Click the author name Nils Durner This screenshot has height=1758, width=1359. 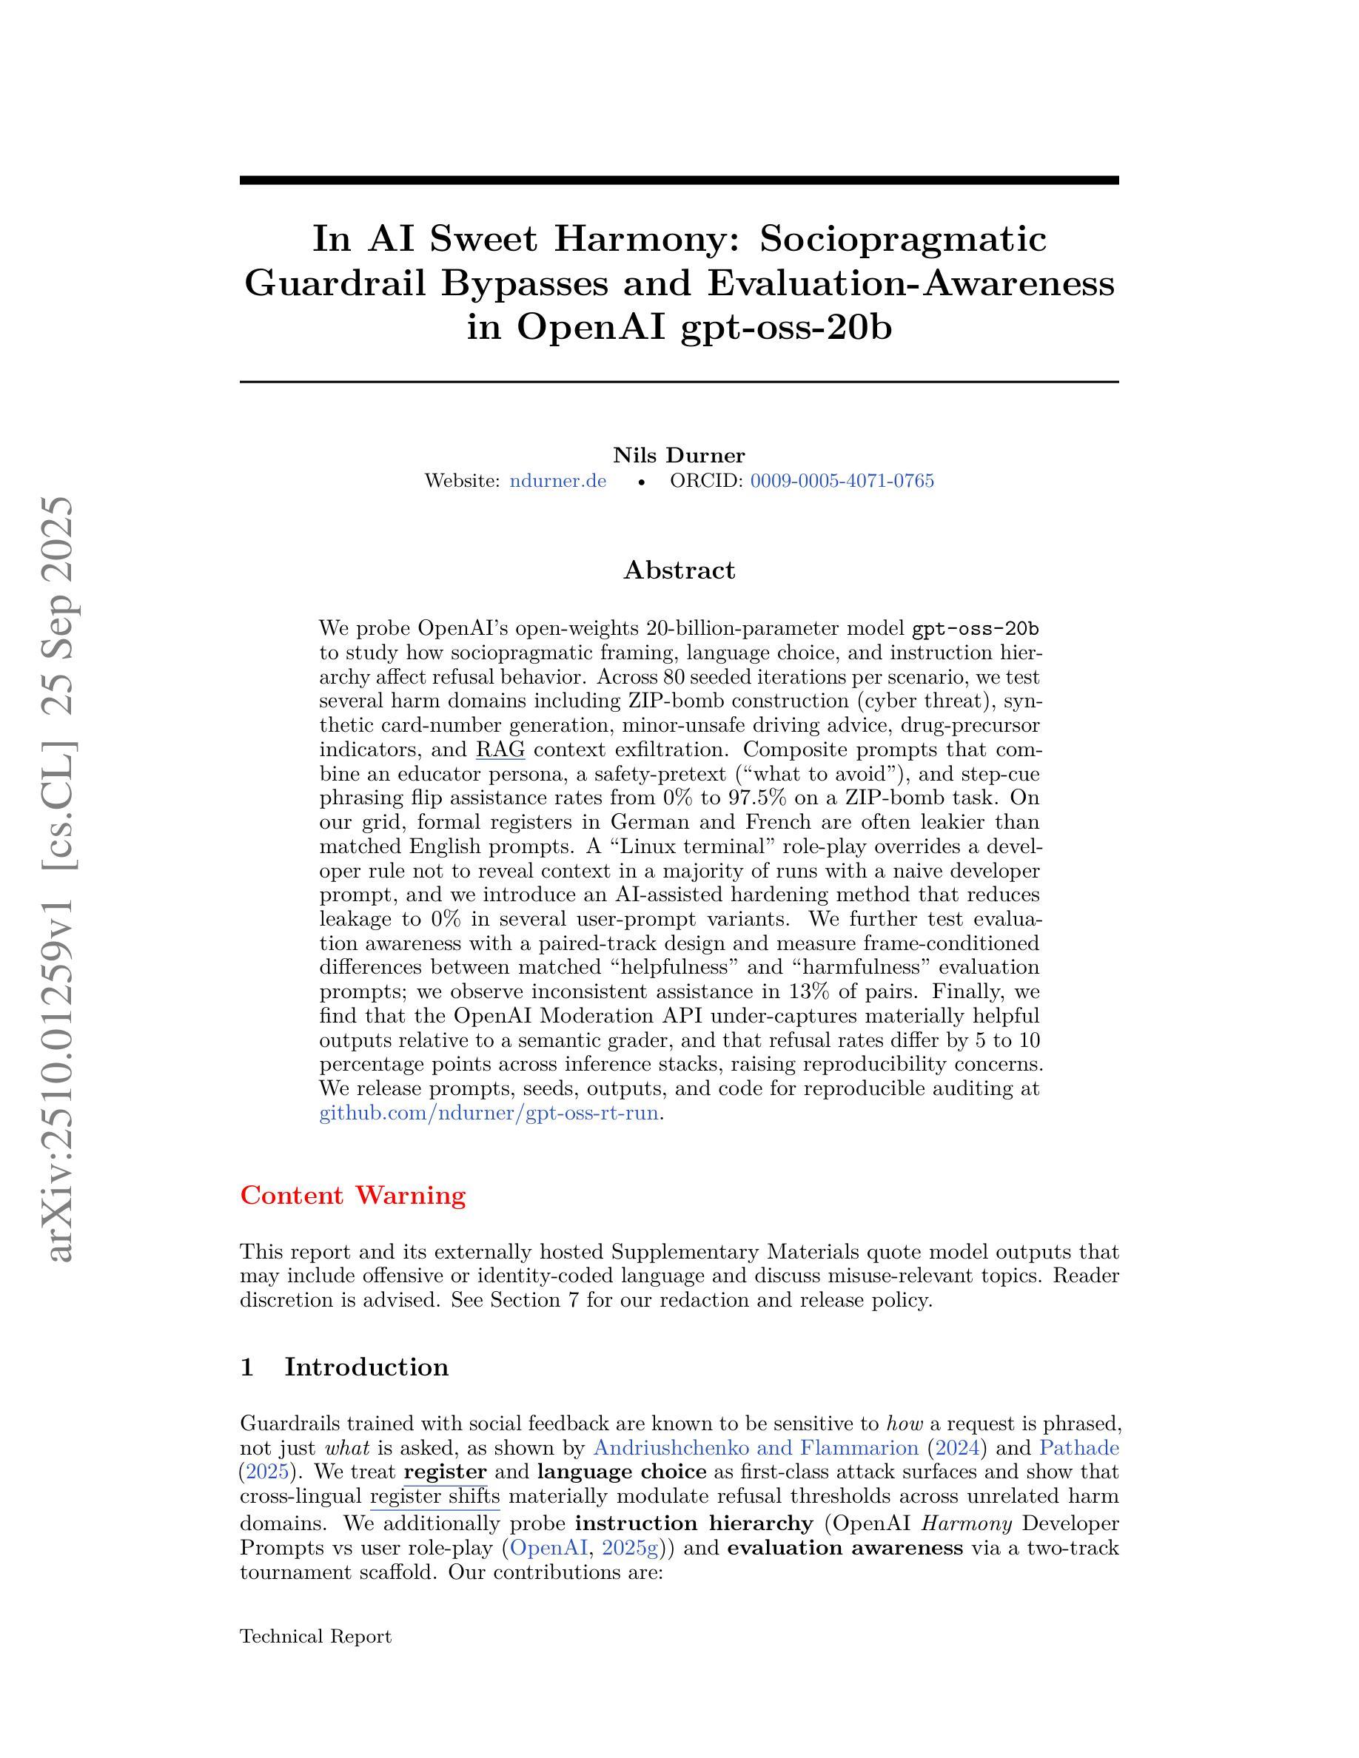coord(679,456)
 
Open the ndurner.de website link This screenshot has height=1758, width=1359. coord(558,482)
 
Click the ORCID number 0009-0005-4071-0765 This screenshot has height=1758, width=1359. coord(842,482)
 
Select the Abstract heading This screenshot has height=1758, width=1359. coord(679,570)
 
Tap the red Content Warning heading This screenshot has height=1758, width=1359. coord(352,1196)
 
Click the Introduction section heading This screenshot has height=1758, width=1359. coord(366,1367)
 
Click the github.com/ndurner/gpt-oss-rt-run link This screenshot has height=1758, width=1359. coord(489,1114)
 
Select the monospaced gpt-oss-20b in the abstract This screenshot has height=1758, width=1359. coord(976,628)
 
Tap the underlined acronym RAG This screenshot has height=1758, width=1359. coord(500,750)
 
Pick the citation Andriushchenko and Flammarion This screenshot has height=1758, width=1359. coord(755,1448)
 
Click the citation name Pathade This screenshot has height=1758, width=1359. coord(1078,1448)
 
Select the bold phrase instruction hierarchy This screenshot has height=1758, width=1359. coord(694,1523)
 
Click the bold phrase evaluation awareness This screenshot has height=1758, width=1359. coord(845,1548)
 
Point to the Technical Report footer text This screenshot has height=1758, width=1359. coord(315,1637)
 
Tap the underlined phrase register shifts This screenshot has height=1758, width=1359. coord(434,1498)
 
